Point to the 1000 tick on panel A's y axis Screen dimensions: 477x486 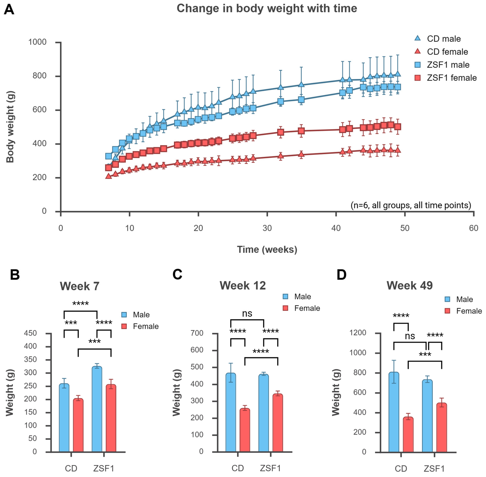(x=38, y=42)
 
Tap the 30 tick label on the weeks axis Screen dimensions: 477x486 (x=267, y=228)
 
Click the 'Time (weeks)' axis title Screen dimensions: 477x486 (x=267, y=250)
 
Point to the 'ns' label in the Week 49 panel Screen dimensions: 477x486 (x=410, y=336)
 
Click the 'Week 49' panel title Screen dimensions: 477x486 (x=410, y=286)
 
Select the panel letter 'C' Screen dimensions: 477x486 (x=177, y=275)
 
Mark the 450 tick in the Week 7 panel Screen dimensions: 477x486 (x=30, y=333)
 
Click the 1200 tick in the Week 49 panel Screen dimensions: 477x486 (x=358, y=333)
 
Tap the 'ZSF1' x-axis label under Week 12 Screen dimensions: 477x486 (x=270, y=468)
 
